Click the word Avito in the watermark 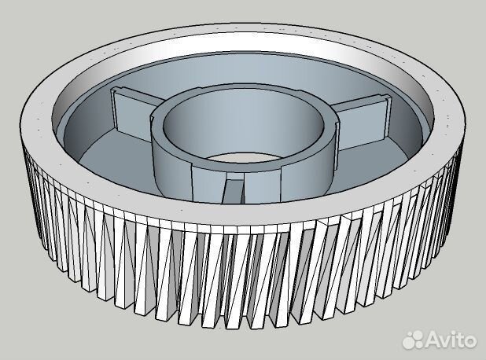point(451,340)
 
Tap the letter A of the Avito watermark point(433,340)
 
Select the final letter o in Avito point(470,342)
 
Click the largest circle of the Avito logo point(416,343)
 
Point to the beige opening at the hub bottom point(244,156)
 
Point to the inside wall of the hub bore point(244,124)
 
